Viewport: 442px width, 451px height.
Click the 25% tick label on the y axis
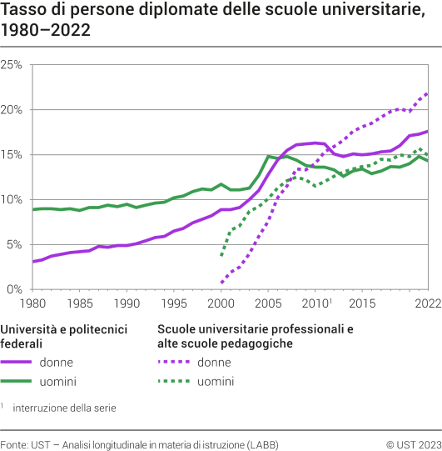point(12,65)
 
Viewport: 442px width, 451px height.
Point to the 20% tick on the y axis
point(12,110)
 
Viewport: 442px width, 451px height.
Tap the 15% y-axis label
point(12,155)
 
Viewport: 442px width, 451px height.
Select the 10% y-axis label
point(12,200)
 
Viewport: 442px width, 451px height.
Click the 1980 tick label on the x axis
point(33,304)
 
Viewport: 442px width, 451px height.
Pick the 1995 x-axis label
point(174,304)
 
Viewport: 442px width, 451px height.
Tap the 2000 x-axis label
point(221,304)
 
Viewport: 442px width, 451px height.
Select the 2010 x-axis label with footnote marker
point(316,304)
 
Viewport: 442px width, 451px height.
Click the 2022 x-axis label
point(427,304)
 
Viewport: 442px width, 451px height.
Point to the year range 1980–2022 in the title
point(46,31)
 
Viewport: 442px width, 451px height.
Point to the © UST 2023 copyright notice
point(412,442)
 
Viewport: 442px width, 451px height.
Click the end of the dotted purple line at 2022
point(428,93)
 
